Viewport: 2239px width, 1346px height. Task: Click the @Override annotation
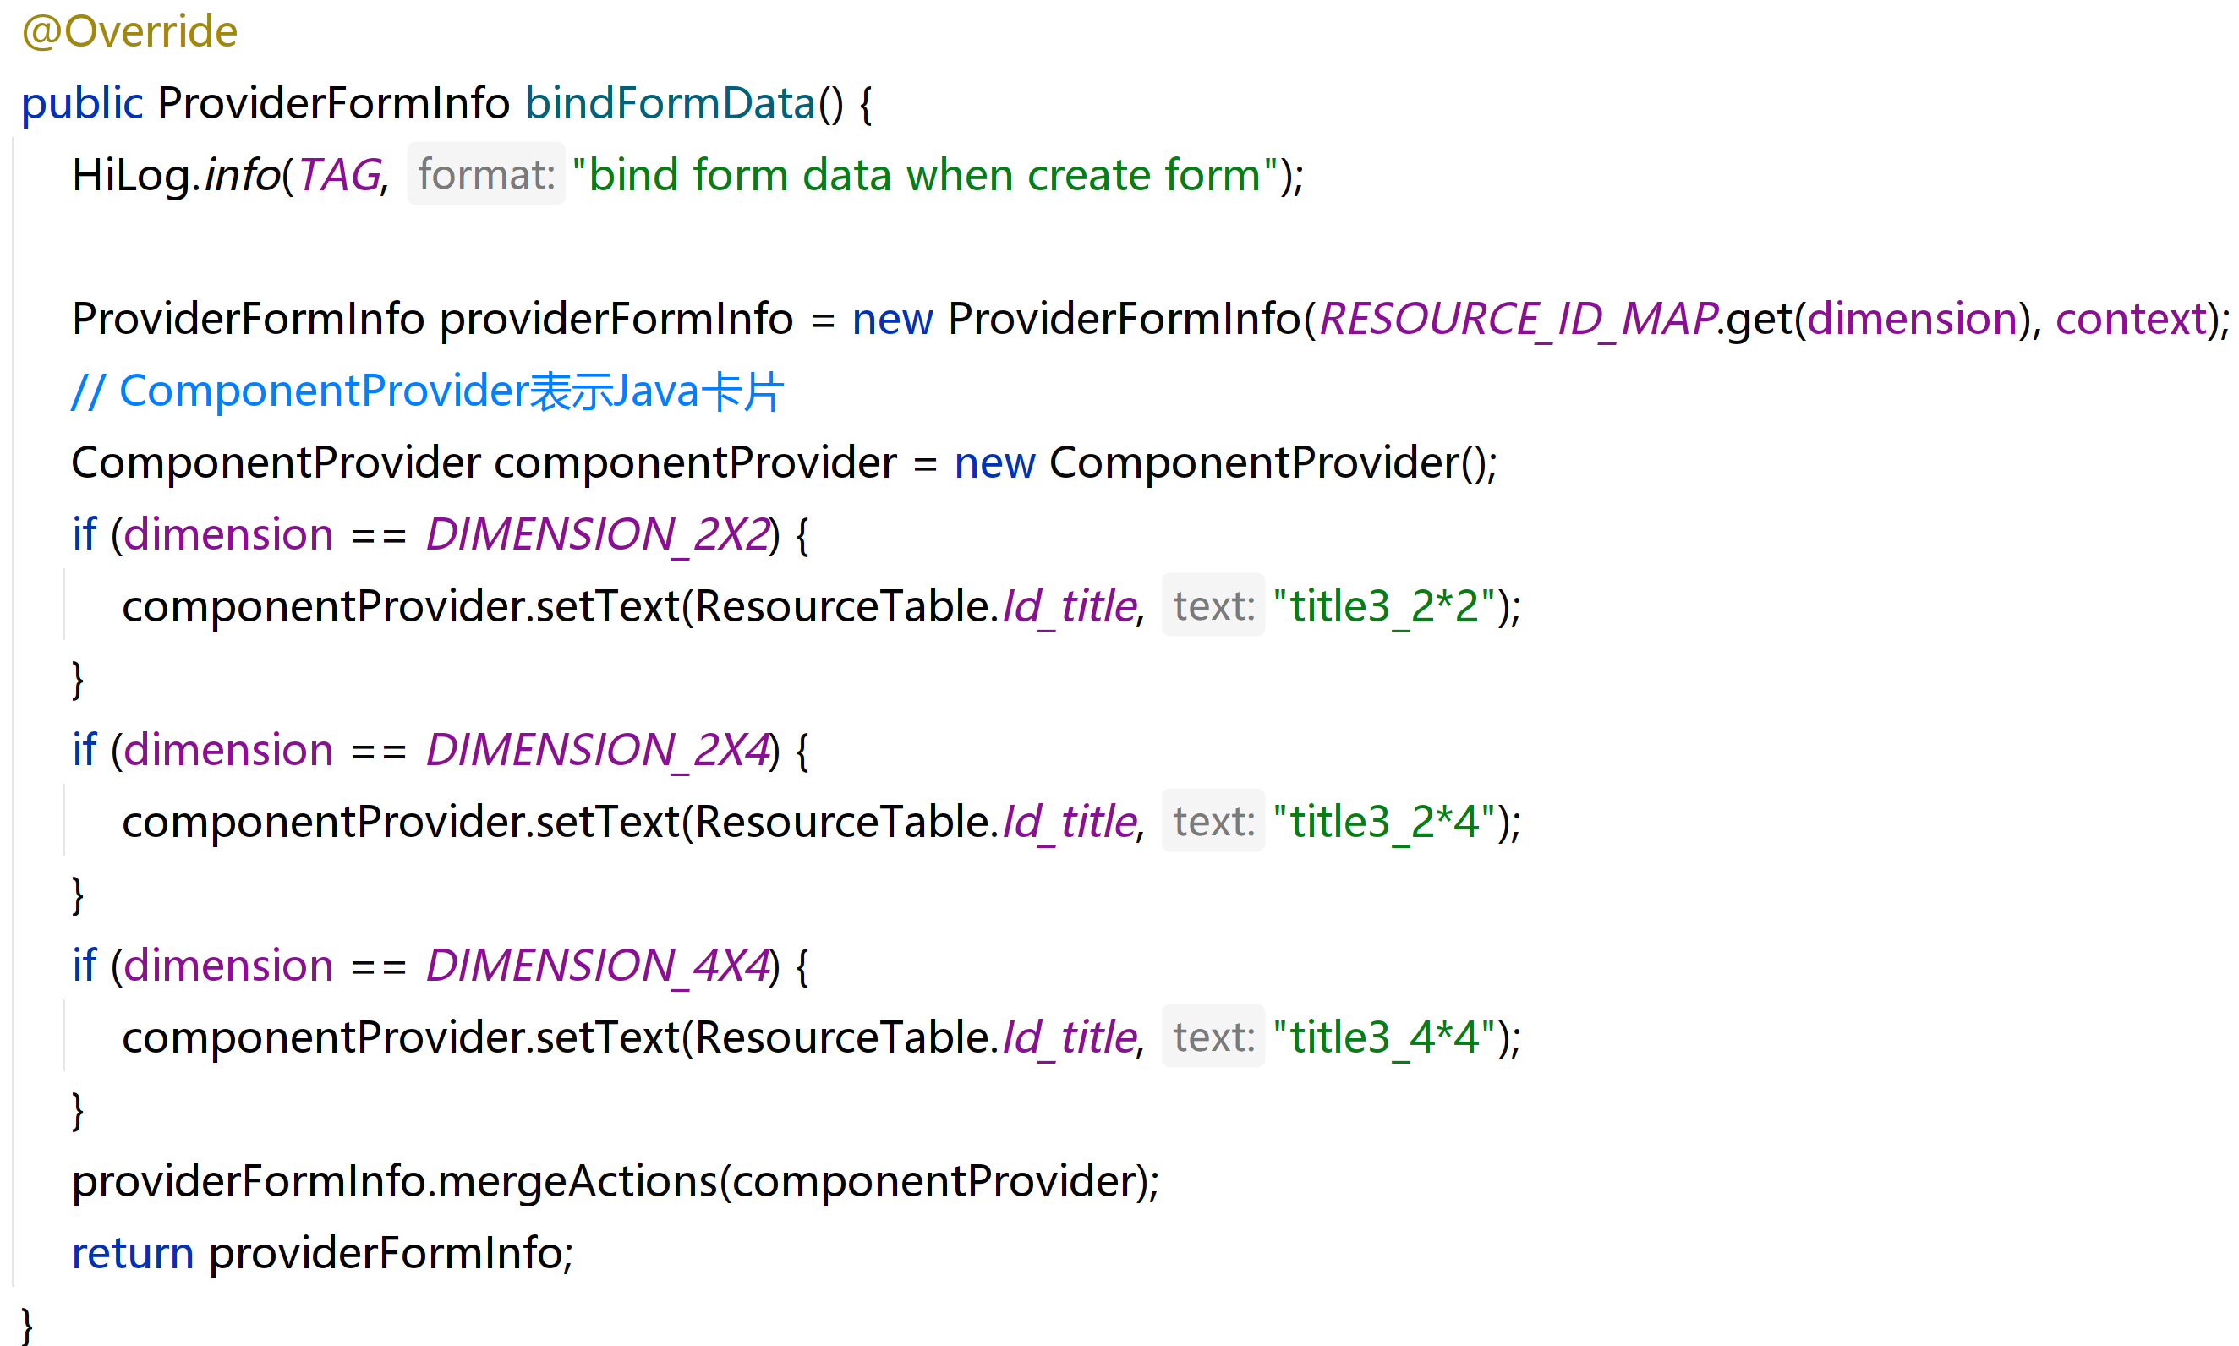(129, 32)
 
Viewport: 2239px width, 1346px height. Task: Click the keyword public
(82, 103)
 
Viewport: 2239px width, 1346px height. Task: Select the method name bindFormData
(671, 103)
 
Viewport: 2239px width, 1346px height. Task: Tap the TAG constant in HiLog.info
(339, 175)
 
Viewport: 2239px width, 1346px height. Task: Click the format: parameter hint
(486, 175)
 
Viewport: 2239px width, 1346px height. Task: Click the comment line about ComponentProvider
(426, 391)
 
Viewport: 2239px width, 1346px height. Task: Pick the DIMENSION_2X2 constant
(598, 534)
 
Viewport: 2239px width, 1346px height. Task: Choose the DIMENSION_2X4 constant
(598, 750)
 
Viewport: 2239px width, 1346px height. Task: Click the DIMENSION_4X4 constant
(598, 966)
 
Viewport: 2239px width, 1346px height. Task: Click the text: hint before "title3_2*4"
(1213, 823)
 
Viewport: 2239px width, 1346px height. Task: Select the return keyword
(133, 1254)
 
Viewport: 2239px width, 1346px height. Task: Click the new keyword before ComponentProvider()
(994, 463)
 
